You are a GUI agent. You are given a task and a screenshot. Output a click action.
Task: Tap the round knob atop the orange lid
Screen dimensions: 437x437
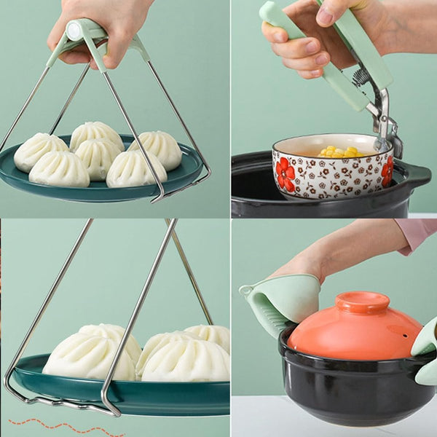362,302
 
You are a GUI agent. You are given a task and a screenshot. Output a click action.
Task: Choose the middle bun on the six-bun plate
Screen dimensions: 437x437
97,154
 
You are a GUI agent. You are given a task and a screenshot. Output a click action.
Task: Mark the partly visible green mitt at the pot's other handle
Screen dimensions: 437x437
426,350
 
